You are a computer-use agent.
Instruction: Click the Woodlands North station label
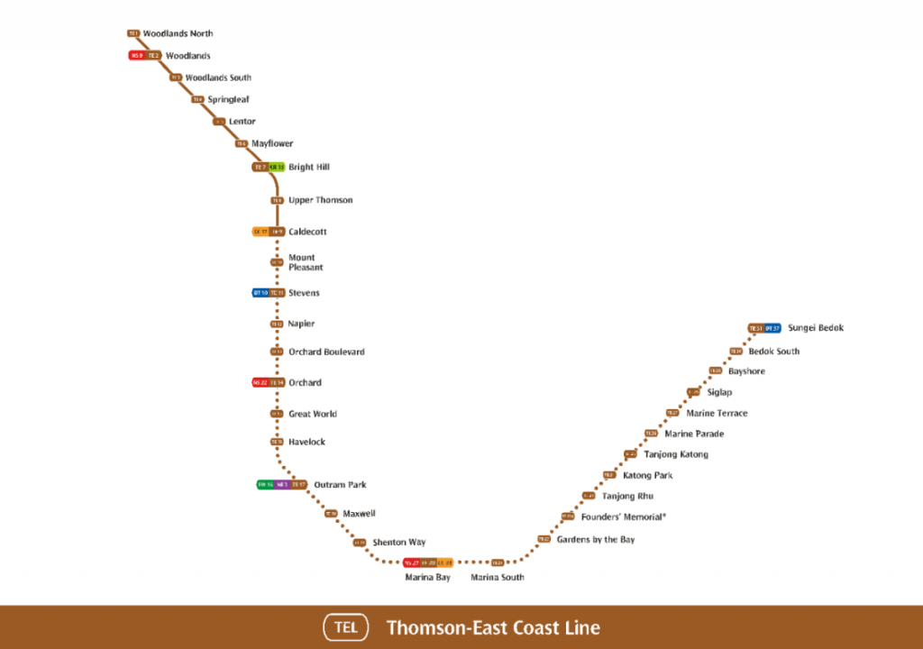pyautogui.click(x=178, y=33)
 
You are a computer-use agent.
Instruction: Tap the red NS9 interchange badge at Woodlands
pyautogui.click(x=137, y=56)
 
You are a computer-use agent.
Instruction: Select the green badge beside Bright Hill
pyautogui.click(x=277, y=167)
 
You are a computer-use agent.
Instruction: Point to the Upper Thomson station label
pyautogui.click(x=320, y=200)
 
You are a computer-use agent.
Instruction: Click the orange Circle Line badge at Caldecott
pyautogui.click(x=260, y=232)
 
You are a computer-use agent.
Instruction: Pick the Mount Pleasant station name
pyautogui.click(x=306, y=262)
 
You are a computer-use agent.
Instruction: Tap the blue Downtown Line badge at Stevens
pyautogui.click(x=260, y=293)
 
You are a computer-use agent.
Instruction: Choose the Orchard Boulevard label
pyautogui.click(x=326, y=352)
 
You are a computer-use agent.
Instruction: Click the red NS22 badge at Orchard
pyautogui.click(x=260, y=382)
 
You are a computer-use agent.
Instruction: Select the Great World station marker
pyautogui.click(x=277, y=414)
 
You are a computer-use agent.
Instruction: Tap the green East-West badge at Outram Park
pyautogui.click(x=265, y=485)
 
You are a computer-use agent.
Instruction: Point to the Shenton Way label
pyautogui.click(x=398, y=543)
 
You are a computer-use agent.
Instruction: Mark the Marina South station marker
pyautogui.click(x=497, y=562)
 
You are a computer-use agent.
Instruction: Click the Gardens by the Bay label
pyautogui.click(x=595, y=539)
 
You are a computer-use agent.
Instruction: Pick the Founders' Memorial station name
pyautogui.click(x=624, y=517)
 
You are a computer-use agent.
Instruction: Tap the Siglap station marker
pyautogui.click(x=692, y=392)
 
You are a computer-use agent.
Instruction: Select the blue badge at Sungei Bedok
pyautogui.click(x=772, y=328)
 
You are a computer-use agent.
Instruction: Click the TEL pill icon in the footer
pyautogui.click(x=346, y=627)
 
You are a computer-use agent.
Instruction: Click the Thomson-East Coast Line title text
pyautogui.click(x=493, y=627)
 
